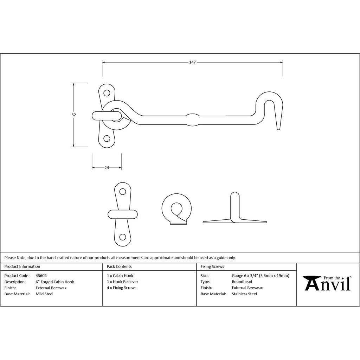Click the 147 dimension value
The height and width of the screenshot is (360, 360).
(x=192, y=62)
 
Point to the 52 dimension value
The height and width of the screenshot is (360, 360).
(x=73, y=115)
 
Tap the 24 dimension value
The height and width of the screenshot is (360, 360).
(x=107, y=168)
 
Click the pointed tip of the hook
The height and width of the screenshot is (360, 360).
(x=278, y=130)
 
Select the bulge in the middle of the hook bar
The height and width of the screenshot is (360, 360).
(x=192, y=120)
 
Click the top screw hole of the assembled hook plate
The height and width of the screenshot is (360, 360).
(x=107, y=93)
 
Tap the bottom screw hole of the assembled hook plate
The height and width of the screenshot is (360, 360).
(x=107, y=139)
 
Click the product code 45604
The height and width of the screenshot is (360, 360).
(x=41, y=276)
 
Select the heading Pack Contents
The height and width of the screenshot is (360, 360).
(x=119, y=266)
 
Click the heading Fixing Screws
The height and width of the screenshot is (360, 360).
(x=212, y=266)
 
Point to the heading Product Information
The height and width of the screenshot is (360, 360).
(x=22, y=266)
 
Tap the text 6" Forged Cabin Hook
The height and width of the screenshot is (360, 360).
(x=55, y=282)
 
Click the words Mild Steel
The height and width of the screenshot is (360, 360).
(x=45, y=294)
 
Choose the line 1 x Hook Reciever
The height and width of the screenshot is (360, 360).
(x=123, y=282)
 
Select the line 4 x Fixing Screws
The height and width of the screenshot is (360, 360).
(x=121, y=288)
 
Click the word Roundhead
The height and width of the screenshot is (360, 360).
(x=242, y=282)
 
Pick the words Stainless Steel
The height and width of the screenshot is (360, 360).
(x=244, y=294)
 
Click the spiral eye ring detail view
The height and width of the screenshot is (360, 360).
(x=176, y=209)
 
